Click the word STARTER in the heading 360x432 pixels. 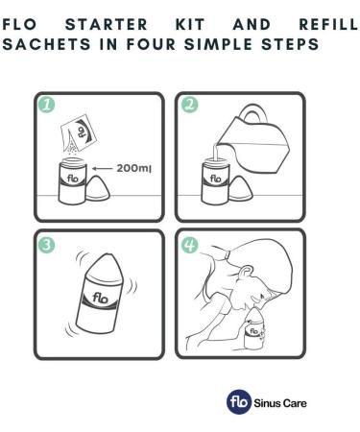click(x=107, y=25)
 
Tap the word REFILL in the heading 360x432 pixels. click(x=328, y=25)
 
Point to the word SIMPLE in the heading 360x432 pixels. click(x=219, y=44)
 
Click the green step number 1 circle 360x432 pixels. click(x=47, y=105)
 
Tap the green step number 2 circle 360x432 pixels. click(x=189, y=105)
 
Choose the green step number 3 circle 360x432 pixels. click(x=47, y=245)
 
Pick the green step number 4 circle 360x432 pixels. click(x=189, y=245)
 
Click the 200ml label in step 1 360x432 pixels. click(x=133, y=168)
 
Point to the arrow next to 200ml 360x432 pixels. click(x=102, y=168)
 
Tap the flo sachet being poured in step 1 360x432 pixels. click(x=79, y=132)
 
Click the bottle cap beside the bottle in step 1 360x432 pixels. click(x=98, y=189)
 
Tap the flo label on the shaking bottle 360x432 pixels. click(x=100, y=298)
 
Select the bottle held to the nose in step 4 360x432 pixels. click(x=254, y=329)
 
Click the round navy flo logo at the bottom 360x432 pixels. click(x=239, y=401)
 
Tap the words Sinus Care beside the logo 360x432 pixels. click(x=280, y=403)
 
